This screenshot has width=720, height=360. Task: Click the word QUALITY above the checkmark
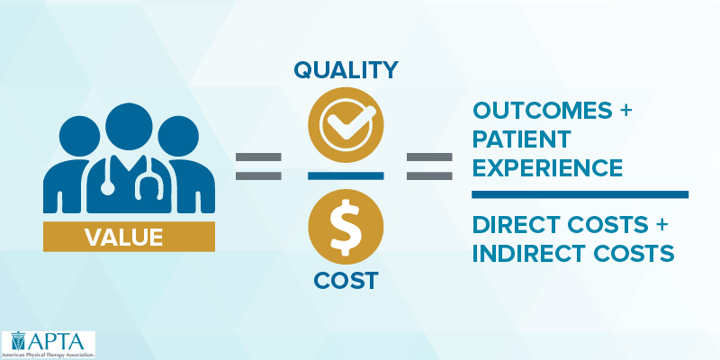[x=346, y=70]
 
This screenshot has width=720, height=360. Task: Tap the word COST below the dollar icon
[x=346, y=280]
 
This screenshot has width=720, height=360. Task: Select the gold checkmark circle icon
[x=346, y=125]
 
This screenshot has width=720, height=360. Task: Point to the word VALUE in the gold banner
[x=123, y=238]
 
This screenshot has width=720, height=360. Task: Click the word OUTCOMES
[x=543, y=110]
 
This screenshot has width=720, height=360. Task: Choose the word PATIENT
[x=522, y=139]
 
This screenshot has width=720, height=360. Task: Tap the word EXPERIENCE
[x=547, y=168]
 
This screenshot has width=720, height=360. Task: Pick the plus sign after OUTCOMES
[x=625, y=111]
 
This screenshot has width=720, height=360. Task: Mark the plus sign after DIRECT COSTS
[x=660, y=225]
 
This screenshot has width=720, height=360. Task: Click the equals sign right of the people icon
[x=258, y=166]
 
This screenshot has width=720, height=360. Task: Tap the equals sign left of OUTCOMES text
[x=429, y=166]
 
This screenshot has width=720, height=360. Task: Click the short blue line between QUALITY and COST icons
[x=346, y=175]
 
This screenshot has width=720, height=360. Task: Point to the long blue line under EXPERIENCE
[x=580, y=194]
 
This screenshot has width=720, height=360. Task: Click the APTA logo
[x=48, y=345]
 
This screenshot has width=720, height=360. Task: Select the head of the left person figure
[x=79, y=137]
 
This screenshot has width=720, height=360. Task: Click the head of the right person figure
[x=178, y=137]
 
